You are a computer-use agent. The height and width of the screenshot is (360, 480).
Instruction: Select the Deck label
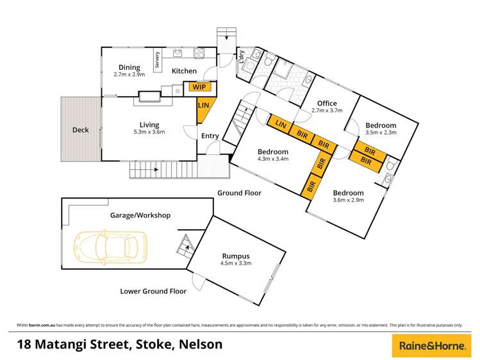click(x=80, y=130)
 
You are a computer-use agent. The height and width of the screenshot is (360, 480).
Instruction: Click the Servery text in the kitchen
click(x=156, y=61)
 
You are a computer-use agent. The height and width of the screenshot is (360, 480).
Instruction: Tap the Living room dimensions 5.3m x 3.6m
click(x=149, y=133)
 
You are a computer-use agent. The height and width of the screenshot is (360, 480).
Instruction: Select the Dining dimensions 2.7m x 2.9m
click(x=129, y=74)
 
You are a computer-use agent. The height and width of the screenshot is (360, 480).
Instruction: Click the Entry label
click(x=210, y=136)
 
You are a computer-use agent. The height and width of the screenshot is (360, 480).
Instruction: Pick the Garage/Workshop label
click(x=140, y=215)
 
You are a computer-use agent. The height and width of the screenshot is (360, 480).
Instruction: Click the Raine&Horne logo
click(x=428, y=345)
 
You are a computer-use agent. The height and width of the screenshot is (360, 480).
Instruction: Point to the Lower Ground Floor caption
click(x=153, y=291)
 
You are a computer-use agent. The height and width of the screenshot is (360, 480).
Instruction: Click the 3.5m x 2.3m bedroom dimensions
click(x=381, y=133)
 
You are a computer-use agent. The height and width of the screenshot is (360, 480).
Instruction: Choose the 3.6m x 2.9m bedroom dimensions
click(x=349, y=200)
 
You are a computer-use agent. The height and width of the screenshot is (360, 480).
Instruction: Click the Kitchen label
click(x=184, y=71)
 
